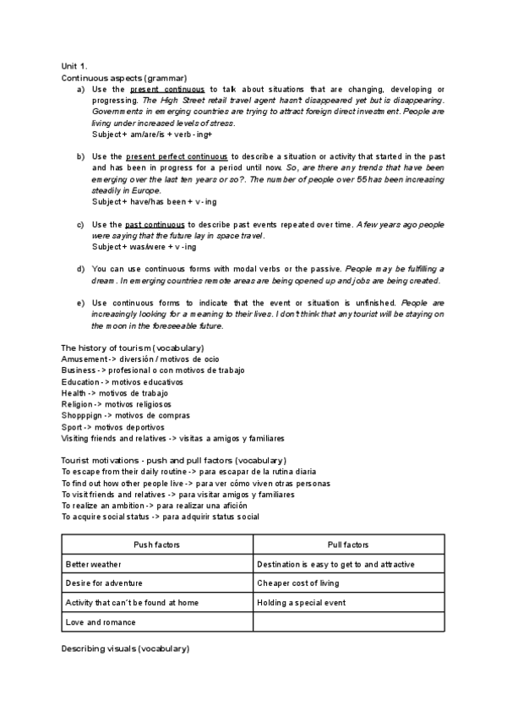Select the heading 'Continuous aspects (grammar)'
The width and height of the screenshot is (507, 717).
124,77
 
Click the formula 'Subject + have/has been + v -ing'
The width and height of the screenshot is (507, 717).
155,201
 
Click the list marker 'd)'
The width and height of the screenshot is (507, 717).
80,270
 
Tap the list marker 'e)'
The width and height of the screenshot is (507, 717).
80,303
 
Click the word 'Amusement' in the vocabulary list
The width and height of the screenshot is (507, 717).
83,359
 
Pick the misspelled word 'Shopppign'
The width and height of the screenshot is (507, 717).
83,415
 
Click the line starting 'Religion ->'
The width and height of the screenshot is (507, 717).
117,404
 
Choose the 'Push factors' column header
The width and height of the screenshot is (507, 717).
157,545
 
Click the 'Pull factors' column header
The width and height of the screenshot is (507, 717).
348,545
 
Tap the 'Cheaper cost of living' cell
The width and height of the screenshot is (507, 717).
297,583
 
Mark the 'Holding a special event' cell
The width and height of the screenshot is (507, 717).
301,603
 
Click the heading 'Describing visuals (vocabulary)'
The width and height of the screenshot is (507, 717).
125,649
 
